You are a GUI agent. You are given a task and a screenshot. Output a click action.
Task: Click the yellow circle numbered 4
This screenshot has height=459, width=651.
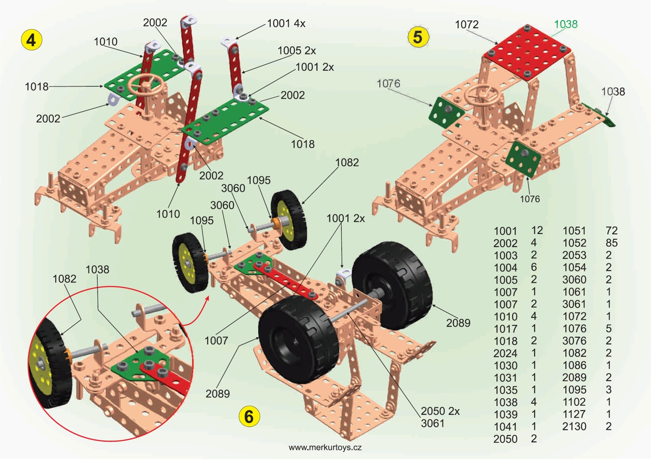point(31,40)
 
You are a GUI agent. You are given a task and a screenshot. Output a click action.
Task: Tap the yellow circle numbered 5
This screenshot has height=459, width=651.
point(418,37)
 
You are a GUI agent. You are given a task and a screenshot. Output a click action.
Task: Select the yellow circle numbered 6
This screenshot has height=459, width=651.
point(249,417)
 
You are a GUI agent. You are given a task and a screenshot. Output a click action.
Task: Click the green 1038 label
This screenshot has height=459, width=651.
point(566,24)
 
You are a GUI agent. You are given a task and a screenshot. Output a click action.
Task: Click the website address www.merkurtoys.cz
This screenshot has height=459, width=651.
point(325,448)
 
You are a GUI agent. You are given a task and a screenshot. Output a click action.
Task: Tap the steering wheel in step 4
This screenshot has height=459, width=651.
point(144,84)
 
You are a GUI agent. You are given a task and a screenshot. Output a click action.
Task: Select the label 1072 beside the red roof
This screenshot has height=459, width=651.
point(467,24)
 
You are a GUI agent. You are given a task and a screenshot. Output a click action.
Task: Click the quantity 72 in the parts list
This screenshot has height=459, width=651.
point(611,230)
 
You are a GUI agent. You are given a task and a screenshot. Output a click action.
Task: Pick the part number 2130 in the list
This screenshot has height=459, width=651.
point(574,426)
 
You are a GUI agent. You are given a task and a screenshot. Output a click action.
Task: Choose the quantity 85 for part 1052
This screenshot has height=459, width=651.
point(611,243)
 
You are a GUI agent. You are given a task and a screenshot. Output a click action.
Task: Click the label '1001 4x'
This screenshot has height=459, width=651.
point(286,23)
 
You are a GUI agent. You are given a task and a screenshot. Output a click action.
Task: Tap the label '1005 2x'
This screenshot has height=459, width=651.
point(296,51)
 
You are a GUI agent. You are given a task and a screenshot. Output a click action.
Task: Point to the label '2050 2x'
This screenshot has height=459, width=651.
point(441,411)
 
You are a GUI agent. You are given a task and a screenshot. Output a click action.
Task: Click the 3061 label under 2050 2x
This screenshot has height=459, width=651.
point(433,424)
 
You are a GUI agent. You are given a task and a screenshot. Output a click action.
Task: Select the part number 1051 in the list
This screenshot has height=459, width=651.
point(574,230)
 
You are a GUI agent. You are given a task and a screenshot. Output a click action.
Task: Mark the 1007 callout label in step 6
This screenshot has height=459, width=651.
point(216,341)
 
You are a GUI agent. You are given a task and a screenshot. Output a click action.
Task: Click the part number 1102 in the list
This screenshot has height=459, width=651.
point(574,401)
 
